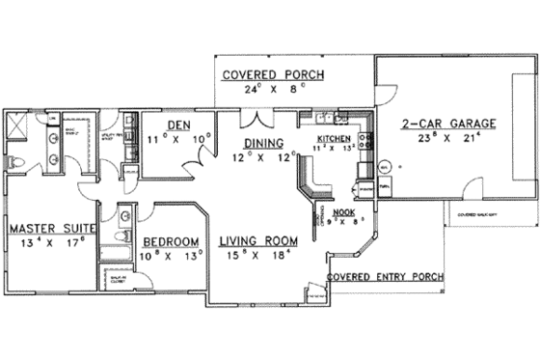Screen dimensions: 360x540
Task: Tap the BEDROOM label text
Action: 171,241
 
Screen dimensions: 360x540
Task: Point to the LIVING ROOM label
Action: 256,241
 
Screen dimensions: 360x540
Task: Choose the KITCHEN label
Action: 334,139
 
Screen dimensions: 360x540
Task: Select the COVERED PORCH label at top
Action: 273,74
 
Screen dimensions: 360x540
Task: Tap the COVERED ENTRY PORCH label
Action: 385,276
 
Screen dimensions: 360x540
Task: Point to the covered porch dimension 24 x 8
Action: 273,89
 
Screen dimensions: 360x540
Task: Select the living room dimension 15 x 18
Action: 256,256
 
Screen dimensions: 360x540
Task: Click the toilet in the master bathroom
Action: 14,160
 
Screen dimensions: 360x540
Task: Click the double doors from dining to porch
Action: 253,119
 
